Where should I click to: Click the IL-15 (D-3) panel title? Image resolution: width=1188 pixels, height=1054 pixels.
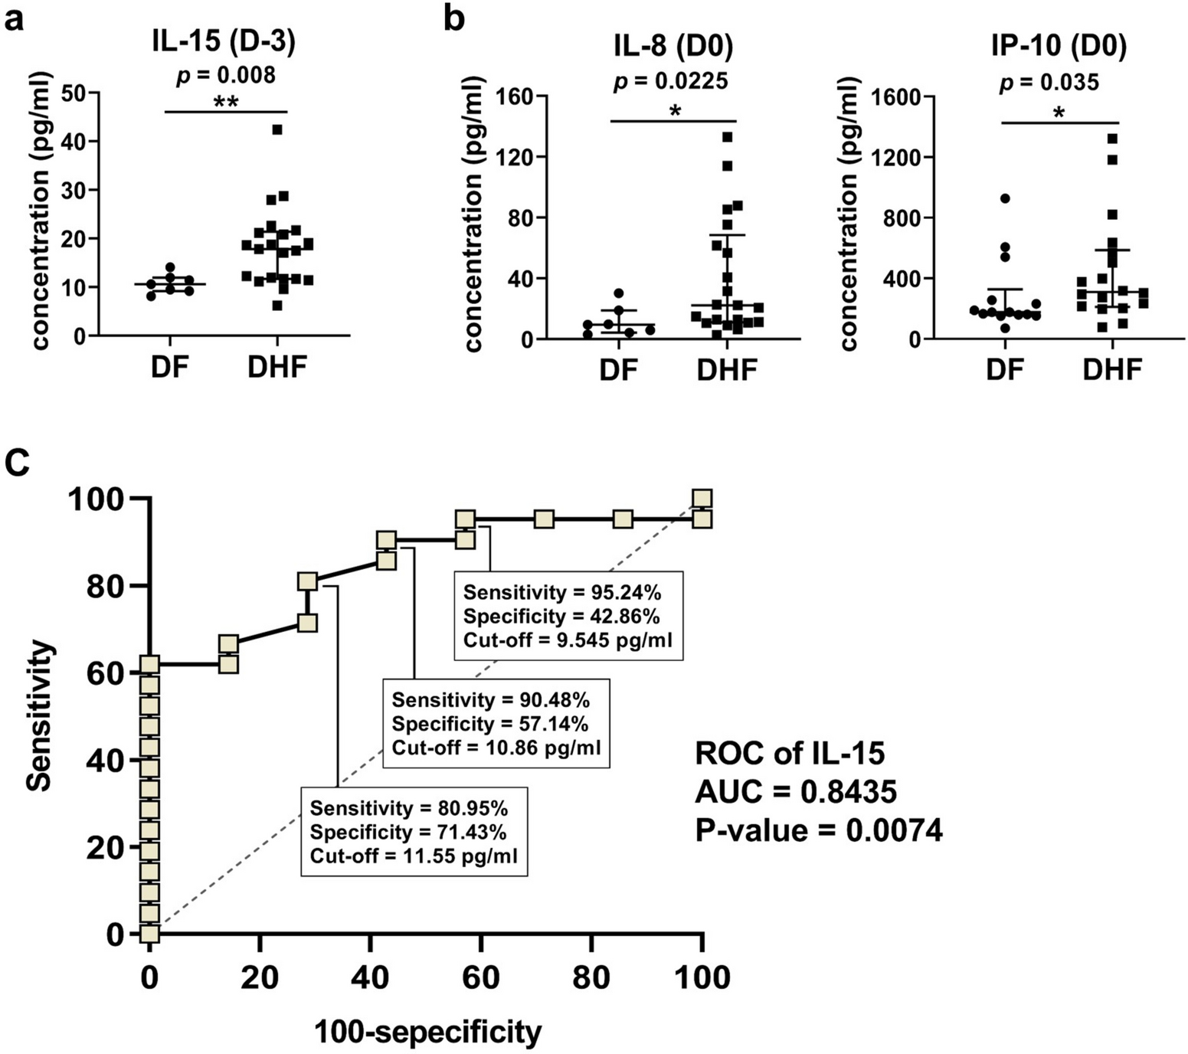click(222, 43)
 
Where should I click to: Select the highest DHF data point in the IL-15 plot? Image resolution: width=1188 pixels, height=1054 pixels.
click(277, 129)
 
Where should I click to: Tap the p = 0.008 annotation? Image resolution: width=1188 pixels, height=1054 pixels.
click(227, 75)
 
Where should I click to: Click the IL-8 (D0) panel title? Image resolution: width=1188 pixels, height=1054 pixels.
click(672, 47)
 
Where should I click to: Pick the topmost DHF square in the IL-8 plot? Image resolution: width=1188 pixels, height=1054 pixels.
click(728, 137)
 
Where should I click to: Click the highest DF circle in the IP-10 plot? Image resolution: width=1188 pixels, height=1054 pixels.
click(1004, 198)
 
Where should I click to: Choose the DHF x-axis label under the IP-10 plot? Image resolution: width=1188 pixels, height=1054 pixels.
click(1112, 370)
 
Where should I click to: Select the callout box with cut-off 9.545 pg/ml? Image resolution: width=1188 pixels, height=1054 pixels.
click(568, 615)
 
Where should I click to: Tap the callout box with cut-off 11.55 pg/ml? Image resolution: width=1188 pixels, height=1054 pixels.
click(414, 831)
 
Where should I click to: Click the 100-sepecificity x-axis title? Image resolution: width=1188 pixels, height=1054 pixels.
click(427, 1032)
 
